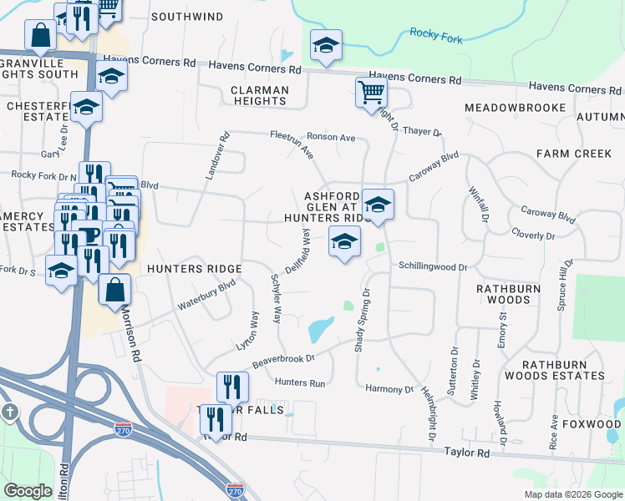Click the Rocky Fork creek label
point(436,34)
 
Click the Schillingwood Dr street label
point(432,266)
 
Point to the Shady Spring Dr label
point(362,321)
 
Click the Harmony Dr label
point(389,389)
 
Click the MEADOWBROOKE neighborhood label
point(515,108)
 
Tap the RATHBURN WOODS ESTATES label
point(563,370)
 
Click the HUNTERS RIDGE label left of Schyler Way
point(194,269)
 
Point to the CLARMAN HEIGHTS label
point(260,95)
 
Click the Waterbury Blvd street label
point(206,296)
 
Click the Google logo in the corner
point(28,491)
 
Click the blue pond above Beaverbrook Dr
point(320,329)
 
